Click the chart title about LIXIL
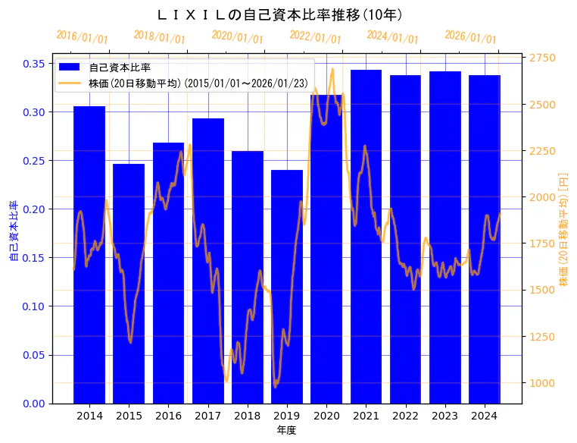point(279,14)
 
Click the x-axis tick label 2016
point(168,416)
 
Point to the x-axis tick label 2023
point(444,416)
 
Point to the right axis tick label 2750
point(542,58)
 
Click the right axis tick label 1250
point(542,337)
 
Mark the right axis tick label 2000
point(542,197)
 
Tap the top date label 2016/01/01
point(83,37)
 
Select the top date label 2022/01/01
point(316,37)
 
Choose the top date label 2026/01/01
point(471,37)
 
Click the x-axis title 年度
point(286,430)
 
